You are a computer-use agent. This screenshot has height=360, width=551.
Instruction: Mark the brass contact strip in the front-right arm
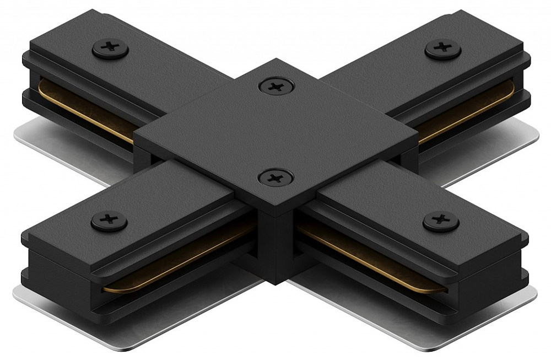point(375,259)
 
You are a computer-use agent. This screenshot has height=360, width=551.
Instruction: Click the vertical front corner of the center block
point(275,243)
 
